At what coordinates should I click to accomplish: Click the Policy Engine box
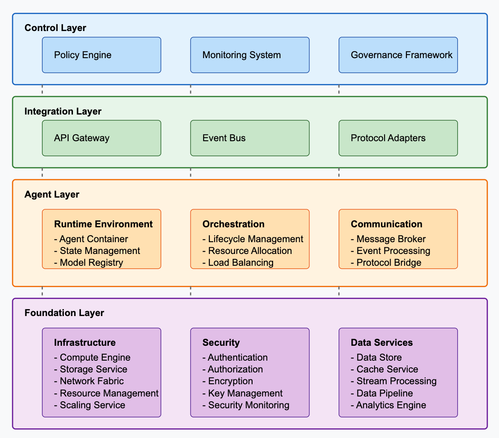101,55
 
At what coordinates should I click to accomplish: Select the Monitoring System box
250,55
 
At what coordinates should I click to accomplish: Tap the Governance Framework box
398,55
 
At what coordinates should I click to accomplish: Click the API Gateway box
101,138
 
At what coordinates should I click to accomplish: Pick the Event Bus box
250,138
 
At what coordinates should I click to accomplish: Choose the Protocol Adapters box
398,138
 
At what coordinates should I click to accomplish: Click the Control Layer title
55,28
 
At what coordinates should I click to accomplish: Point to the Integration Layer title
63,111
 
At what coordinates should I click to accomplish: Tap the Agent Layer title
52,195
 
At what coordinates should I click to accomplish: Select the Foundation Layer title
64,313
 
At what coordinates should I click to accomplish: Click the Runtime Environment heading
104,224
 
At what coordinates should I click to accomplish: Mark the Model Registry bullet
91,263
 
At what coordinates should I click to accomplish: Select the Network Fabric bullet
91,381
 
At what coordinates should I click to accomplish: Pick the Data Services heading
382,343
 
